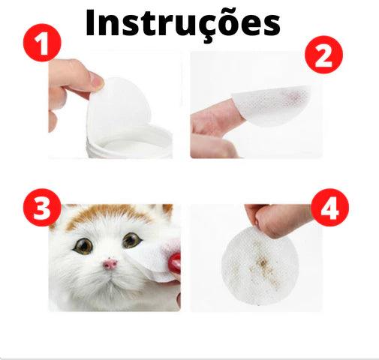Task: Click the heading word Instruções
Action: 182,24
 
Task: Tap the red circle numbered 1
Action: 42,43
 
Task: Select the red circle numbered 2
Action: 323,55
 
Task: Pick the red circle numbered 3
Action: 42,208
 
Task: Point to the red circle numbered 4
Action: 329,208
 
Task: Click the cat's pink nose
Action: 110,264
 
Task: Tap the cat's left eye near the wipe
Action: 131,240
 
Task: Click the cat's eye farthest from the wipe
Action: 84,246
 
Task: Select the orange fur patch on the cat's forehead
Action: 110,214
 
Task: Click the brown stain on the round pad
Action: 263,265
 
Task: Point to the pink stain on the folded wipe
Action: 295,96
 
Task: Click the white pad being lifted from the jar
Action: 119,106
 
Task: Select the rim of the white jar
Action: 130,141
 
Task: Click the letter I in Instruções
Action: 90,22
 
